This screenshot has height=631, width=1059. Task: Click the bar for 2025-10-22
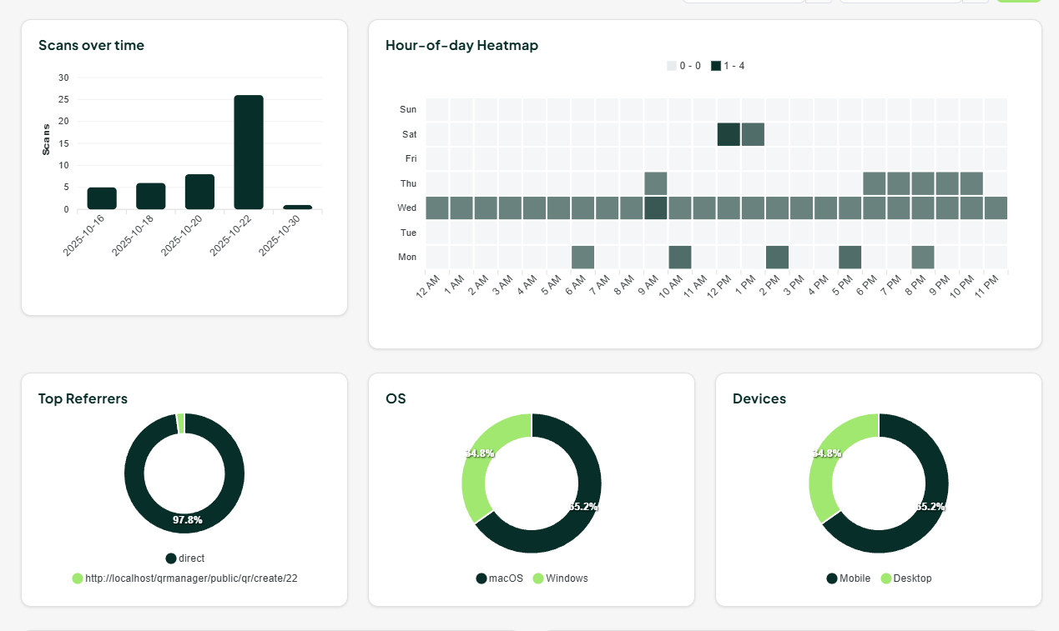coord(249,153)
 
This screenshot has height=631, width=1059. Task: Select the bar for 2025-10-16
coord(102,198)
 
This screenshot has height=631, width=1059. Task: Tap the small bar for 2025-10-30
coord(297,207)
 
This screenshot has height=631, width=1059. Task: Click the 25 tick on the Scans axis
coord(64,99)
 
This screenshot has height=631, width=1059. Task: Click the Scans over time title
coord(91,45)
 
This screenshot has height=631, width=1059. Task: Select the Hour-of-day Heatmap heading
coord(461,45)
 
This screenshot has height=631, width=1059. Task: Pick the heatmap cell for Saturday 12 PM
coord(729,134)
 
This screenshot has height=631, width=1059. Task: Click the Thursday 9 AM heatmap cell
coord(656,183)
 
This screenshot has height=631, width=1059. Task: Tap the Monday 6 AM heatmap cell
coord(582,257)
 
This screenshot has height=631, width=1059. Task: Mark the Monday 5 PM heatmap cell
coord(850,257)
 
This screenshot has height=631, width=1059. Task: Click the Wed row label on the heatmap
coord(407,208)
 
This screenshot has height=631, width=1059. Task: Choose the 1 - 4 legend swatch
coord(716,66)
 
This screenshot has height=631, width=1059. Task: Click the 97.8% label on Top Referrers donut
coord(187,519)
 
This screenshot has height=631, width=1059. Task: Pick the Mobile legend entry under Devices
coord(849,578)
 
